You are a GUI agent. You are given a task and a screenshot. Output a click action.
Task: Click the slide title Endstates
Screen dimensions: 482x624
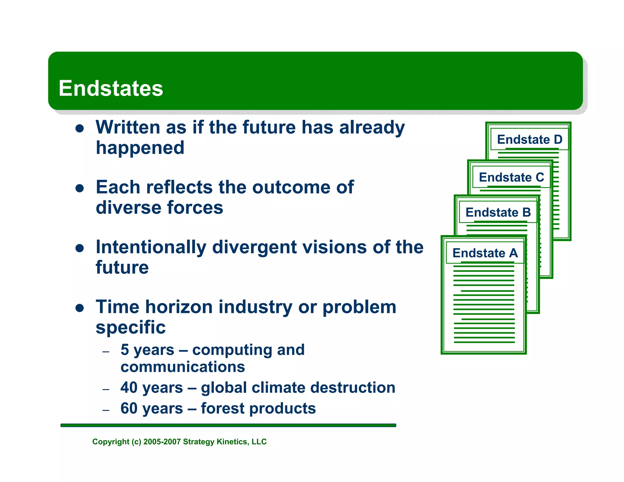(x=111, y=88)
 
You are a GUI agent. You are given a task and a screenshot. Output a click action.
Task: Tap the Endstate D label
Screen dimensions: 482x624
(x=530, y=140)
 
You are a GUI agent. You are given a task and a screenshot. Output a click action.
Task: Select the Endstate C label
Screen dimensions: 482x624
(x=511, y=177)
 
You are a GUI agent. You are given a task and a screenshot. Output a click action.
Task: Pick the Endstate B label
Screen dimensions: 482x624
(x=498, y=212)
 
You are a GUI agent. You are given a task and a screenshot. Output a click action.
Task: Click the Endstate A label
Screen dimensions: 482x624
(x=485, y=253)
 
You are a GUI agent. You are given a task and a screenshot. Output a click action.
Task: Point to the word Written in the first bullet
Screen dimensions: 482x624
(x=128, y=127)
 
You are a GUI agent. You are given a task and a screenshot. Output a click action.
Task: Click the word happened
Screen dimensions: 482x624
(x=140, y=148)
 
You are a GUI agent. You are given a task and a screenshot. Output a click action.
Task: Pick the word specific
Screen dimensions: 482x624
(x=131, y=328)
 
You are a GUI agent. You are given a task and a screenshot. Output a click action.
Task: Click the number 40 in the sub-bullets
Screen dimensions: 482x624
(x=129, y=388)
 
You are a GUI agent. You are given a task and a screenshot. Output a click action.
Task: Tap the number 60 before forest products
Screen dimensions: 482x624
(x=129, y=408)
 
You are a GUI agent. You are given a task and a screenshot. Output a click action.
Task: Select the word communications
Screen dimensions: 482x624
(x=183, y=367)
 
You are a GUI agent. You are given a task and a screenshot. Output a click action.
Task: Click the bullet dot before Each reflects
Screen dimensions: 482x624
(x=80, y=188)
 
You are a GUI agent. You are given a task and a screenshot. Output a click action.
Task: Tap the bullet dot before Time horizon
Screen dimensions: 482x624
(x=80, y=308)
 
